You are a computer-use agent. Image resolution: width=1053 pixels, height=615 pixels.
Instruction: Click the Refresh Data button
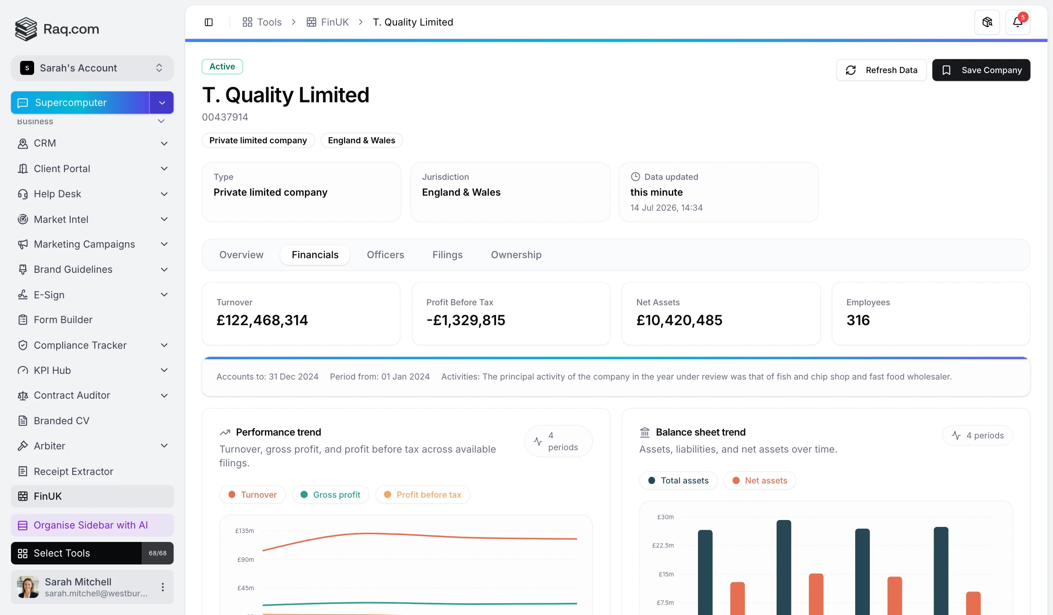[881, 70]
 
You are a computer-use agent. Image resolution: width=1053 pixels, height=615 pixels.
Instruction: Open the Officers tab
[385, 255]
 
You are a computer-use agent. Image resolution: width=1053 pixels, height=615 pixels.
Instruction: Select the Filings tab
[447, 255]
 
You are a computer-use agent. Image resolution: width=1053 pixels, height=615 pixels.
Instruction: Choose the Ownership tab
[516, 255]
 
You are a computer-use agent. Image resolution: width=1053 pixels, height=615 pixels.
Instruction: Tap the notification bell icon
[1018, 22]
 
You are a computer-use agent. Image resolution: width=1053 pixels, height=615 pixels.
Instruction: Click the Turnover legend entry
[252, 494]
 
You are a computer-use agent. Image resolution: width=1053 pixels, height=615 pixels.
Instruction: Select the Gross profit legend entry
[330, 494]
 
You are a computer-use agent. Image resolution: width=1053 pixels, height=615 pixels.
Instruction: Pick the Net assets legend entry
[760, 480]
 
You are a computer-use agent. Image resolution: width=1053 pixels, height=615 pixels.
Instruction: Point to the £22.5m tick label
[663, 545]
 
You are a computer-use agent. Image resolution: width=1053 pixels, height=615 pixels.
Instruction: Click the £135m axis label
[245, 531]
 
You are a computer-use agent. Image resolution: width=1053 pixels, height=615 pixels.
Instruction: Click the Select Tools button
[76, 553]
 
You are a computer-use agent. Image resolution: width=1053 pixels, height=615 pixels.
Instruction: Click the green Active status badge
[222, 67]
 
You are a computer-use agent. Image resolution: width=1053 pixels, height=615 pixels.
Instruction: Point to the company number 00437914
[225, 117]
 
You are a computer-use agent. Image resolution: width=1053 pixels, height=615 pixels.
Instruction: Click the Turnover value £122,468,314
[262, 320]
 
